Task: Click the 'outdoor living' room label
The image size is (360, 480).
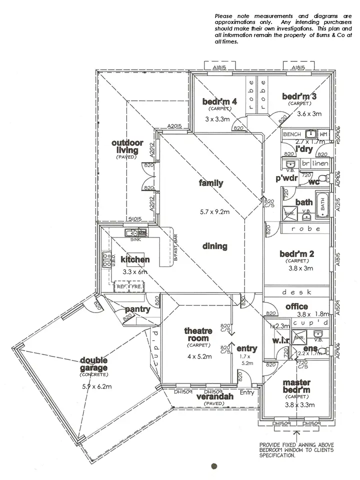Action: tap(127, 146)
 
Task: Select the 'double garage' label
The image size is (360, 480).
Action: tap(94, 364)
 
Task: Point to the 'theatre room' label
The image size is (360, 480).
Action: tap(198, 334)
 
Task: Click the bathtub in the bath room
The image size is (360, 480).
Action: tap(323, 204)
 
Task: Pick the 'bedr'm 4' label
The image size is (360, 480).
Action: tap(219, 102)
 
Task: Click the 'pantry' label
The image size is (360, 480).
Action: tap(137, 309)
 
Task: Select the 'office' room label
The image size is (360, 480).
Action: tap(296, 306)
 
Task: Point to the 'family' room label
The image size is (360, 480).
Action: tap(211, 183)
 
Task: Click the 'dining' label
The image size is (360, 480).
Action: tap(215, 246)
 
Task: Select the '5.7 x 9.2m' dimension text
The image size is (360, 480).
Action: tap(214, 212)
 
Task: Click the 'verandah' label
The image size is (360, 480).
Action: tap(215, 397)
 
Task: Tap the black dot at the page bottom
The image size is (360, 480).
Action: tap(214, 466)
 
